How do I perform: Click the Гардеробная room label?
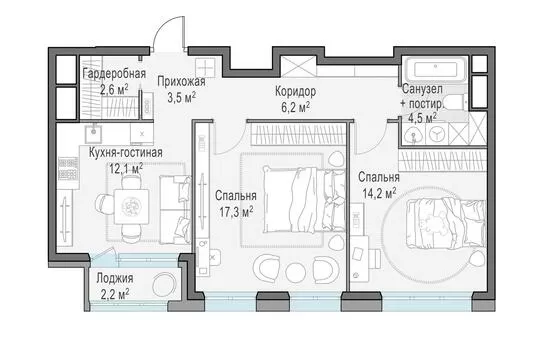pos(114,74)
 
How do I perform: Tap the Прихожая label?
pos(181,82)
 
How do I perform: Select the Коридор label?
pos(295,92)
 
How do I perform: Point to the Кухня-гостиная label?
pos(126,153)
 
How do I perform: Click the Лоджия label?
pos(115,278)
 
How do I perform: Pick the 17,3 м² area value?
pos(236,212)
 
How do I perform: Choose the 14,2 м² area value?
pos(379,193)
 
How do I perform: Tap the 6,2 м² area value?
pos(295,107)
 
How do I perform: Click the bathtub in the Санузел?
pos(436,70)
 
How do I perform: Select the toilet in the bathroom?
pos(455,102)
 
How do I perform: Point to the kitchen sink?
pos(94,134)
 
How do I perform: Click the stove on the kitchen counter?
pos(68,168)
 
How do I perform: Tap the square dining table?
pos(131,206)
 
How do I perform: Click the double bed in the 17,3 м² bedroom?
pos(304,200)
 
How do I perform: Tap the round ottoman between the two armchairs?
pos(296,269)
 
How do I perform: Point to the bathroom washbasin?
pos(413,133)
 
